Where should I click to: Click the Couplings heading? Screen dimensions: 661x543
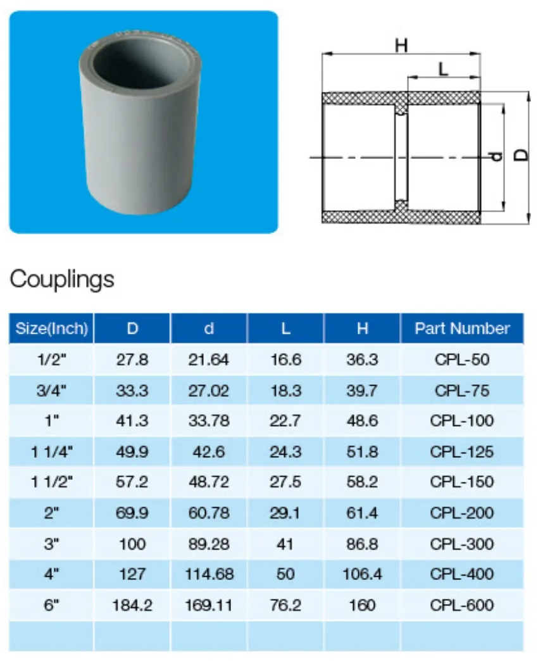click(x=62, y=279)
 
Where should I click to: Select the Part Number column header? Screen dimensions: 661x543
click(x=462, y=329)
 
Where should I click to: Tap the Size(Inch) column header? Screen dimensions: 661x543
click(x=52, y=329)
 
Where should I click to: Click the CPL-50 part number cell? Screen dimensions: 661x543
click(x=462, y=360)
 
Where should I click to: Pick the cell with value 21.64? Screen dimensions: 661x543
click(x=209, y=360)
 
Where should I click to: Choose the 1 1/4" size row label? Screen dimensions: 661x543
click(x=52, y=451)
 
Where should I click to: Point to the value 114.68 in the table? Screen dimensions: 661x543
click(x=209, y=574)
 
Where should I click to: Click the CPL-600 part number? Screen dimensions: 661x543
click(x=462, y=605)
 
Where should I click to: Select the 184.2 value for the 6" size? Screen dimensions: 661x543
click(x=132, y=605)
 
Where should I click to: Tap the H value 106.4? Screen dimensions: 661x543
click(x=362, y=574)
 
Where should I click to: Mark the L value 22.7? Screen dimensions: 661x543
click(x=285, y=421)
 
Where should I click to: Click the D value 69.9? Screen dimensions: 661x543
click(x=132, y=513)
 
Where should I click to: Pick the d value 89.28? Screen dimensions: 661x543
click(x=209, y=544)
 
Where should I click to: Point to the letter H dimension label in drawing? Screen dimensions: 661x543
click(x=401, y=46)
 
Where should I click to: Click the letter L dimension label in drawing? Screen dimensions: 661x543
click(x=443, y=68)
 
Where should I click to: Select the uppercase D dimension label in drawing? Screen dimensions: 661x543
click(x=520, y=155)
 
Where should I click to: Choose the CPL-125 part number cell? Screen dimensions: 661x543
click(x=462, y=451)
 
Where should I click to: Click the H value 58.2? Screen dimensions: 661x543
click(x=362, y=482)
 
